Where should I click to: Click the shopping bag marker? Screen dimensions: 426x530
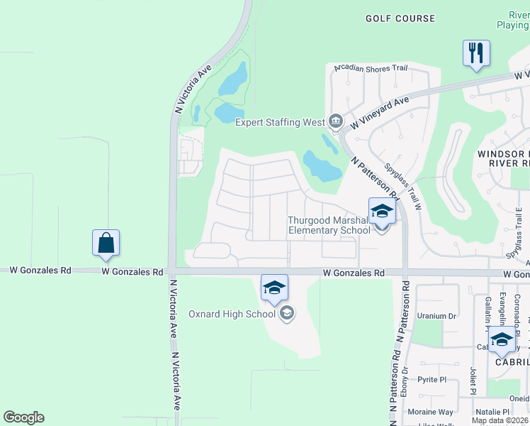(x=106, y=242)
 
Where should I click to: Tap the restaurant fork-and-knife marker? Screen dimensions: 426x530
(x=476, y=53)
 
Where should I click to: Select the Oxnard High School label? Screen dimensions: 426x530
(x=232, y=314)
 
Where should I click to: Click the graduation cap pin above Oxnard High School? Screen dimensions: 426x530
(x=275, y=287)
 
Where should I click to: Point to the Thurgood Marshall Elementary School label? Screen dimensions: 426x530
(x=329, y=225)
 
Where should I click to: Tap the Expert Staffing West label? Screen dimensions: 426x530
(x=280, y=122)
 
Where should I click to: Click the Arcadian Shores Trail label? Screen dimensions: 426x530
(x=371, y=68)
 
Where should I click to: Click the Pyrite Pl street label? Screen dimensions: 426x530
(x=432, y=380)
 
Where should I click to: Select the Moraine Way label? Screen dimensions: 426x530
(x=430, y=412)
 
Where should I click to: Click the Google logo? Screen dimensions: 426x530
(x=23, y=417)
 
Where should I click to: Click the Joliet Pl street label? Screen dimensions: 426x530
(x=472, y=380)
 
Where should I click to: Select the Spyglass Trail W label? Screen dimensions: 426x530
(x=403, y=187)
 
